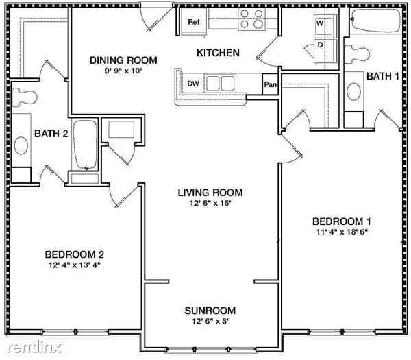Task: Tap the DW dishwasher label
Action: coord(194,84)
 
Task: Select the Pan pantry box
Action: coord(270,85)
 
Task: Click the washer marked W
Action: coord(320,23)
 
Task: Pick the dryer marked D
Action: coord(320,45)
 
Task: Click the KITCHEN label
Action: coord(218,53)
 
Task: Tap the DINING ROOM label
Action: coord(123,60)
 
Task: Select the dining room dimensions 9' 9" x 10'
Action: coord(123,71)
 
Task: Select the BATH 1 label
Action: coord(382,75)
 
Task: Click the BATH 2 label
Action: coord(51,133)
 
